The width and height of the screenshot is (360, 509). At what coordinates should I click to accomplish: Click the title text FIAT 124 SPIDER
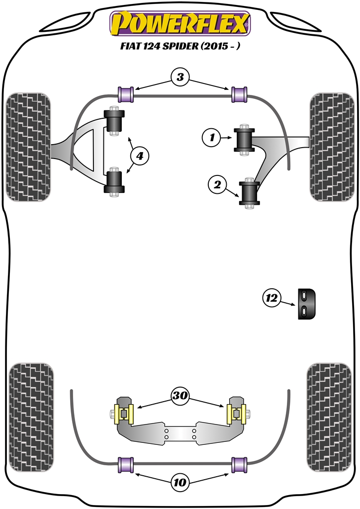pyautogui.click(x=180, y=48)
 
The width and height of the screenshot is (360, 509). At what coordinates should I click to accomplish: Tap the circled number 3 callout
pyautogui.click(x=180, y=77)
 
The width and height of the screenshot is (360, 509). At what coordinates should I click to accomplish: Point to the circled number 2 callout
pyautogui.click(x=217, y=185)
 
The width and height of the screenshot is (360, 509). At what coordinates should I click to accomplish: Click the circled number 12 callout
pyautogui.click(x=271, y=298)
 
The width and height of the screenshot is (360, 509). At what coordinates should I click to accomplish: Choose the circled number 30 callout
pyautogui.click(x=180, y=396)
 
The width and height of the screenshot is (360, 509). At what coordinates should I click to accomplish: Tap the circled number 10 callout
pyautogui.click(x=180, y=482)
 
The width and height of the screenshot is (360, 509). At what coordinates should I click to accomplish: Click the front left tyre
pyautogui.click(x=28, y=147)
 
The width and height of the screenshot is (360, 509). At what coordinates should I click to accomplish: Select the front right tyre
pyautogui.click(x=331, y=147)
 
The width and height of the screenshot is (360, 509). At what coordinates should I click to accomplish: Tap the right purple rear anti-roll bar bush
pyautogui.click(x=240, y=464)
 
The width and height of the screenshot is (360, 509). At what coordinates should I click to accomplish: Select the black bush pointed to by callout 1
pyautogui.click(x=244, y=139)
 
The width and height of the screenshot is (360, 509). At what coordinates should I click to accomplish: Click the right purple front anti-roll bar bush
pyautogui.click(x=240, y=93)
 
